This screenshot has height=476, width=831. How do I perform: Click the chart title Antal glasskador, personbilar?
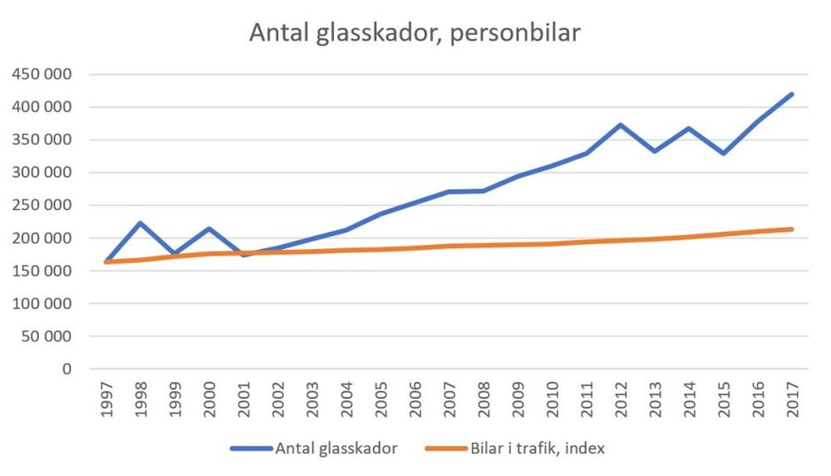(415, 32)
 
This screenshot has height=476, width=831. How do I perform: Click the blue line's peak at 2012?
(620, 125)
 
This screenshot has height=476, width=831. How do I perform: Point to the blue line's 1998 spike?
(140, 223)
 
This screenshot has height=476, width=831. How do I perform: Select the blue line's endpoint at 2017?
(791, 94)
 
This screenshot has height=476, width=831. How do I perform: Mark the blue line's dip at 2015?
(723, 153)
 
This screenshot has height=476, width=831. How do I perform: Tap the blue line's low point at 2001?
(243, 254)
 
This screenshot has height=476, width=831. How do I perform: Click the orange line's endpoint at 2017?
(791, 229)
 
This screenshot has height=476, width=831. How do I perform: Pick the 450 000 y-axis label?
(42, 75)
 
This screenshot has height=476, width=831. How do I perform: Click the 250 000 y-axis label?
(42, 206)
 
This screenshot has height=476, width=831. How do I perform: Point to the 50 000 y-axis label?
(46, 336)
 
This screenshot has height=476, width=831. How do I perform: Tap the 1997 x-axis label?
(106, 397)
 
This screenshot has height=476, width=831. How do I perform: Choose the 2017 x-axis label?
(792, 397)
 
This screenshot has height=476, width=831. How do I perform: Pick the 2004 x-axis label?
(346, 397)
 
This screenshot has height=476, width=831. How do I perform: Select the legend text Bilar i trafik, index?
(537, 448)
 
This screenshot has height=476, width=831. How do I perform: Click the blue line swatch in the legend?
(251, 449)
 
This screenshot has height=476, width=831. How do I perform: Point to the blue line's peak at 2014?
(689, 129)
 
